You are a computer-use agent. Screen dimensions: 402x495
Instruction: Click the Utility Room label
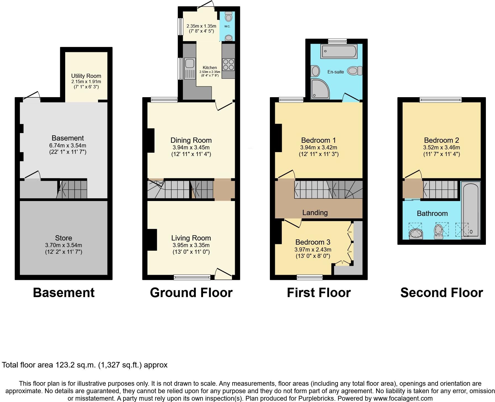pos(86,76)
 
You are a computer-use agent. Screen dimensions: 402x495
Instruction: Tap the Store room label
pos(64,238)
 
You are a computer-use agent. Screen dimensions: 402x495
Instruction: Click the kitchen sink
pos(189,64)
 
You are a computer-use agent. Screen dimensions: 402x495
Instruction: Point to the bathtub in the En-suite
pos(336,51)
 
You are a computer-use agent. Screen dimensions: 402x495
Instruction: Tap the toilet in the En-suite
pos(355,71)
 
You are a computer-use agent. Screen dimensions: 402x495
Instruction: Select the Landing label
pos(315,213)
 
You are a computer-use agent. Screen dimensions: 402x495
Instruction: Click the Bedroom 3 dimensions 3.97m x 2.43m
pos(313,250)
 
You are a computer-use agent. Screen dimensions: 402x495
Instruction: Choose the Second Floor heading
pos(441,293)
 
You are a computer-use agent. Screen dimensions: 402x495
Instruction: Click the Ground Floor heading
pos(191,293)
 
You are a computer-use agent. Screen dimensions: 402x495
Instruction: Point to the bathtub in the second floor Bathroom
pos(471,210)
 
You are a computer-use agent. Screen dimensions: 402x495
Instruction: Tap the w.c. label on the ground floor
pos(227,26)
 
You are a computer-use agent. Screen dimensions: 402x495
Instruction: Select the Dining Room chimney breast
pos(151,140)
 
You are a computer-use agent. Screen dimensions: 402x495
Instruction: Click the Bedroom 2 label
pos(441,140)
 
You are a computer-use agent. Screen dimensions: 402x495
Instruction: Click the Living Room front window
pos(192,277)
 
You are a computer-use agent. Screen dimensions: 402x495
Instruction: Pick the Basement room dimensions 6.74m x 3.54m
pos(68,146)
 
